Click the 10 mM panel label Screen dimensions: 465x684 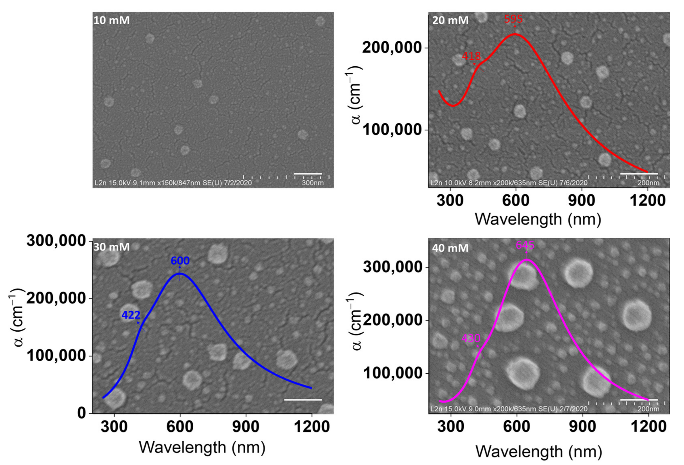click(x=112, y=20)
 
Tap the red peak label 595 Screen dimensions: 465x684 click(x=513, y=19)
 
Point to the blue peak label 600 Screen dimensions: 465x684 click(x=180, y=261)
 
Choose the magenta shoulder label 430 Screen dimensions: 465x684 click(x=471, y=338)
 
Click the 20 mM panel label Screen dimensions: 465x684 click(x=450, y=20)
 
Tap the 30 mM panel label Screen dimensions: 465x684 click(x=112, y=247)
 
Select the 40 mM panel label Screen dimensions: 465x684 click(x=450, y=248)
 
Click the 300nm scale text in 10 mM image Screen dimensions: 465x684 click(x=312, y=183)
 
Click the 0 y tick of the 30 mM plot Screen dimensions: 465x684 click(x=81, y=413)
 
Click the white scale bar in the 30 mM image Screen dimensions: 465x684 click(x=303, y=400)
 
